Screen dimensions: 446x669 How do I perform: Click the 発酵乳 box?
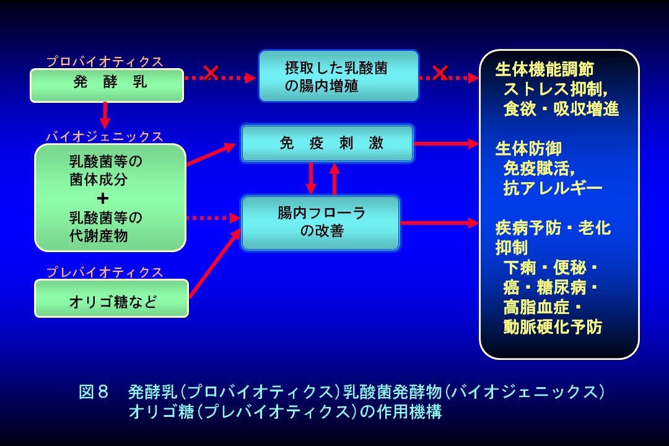point(107,85)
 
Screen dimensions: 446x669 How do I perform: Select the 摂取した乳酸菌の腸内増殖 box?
point(338,76)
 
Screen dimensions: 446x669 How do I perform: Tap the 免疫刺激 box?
point(327,144)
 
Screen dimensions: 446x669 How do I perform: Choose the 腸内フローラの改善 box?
point(320,222)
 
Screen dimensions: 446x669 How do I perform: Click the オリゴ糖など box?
point(111,299)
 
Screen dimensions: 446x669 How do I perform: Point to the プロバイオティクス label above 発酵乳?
point(105,61)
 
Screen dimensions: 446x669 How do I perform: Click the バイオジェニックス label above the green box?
point(105,136)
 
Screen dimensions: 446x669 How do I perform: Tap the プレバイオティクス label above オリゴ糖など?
point(105,272)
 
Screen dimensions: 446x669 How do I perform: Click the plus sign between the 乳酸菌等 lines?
point(103,198)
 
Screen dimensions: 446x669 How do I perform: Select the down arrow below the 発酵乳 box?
point(105,115)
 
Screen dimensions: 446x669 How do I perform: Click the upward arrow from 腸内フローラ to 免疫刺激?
point(334,180)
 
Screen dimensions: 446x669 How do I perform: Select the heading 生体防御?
point(528,149)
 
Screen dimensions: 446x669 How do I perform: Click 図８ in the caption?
point(94,392)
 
